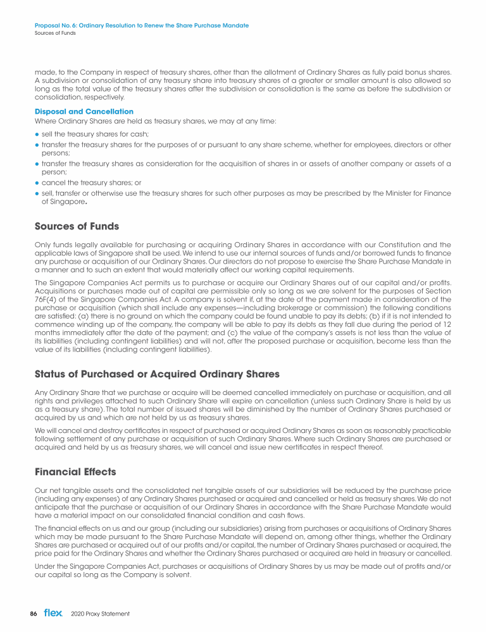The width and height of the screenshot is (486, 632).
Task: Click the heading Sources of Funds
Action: [x=77, y=226]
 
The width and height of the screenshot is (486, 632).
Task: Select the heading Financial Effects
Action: [x=76, y=472]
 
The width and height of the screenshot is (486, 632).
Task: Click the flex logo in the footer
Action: [x=53, y=613]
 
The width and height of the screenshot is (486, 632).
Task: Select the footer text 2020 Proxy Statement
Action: [x=101, y=614]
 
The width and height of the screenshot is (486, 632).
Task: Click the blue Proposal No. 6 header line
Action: [x=142, y=25]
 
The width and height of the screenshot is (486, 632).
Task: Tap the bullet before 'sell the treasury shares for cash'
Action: [x=37, y=134]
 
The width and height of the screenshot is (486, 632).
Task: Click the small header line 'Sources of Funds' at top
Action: [x=55, y=32]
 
